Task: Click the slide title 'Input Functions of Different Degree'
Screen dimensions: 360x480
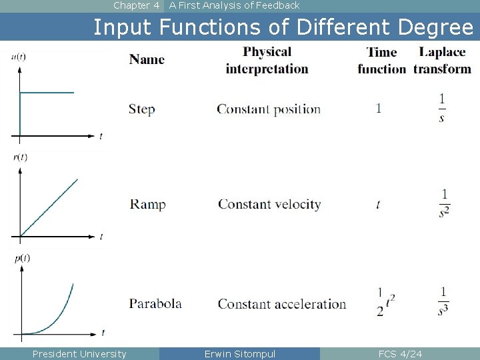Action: point(283,27)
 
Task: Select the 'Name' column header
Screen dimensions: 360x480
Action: point(147,59)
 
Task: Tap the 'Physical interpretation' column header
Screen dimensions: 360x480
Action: point(267,60)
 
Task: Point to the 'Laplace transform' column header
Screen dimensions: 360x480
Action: point(442,60)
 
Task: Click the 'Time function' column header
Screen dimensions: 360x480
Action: point(381,60)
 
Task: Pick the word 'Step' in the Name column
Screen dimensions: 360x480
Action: point(142,109)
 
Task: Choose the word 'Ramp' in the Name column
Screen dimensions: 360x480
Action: point(148,204)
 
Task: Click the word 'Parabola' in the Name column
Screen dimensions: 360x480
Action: point(155,304)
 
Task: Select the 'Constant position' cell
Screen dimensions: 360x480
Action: point(269,109)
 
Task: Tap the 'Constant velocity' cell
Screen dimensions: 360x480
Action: point(269,204)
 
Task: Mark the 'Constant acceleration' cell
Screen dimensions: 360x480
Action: point(282,304)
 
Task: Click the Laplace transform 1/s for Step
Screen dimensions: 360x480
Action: point(442,108)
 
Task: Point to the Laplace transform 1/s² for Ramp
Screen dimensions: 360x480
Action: point(444,204)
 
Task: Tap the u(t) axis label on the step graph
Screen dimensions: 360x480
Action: point(19,57)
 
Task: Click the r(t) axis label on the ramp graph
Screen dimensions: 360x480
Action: point(19,157)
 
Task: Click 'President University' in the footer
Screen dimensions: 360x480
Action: point(79,353)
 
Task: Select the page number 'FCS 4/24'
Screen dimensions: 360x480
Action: point(400,353)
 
